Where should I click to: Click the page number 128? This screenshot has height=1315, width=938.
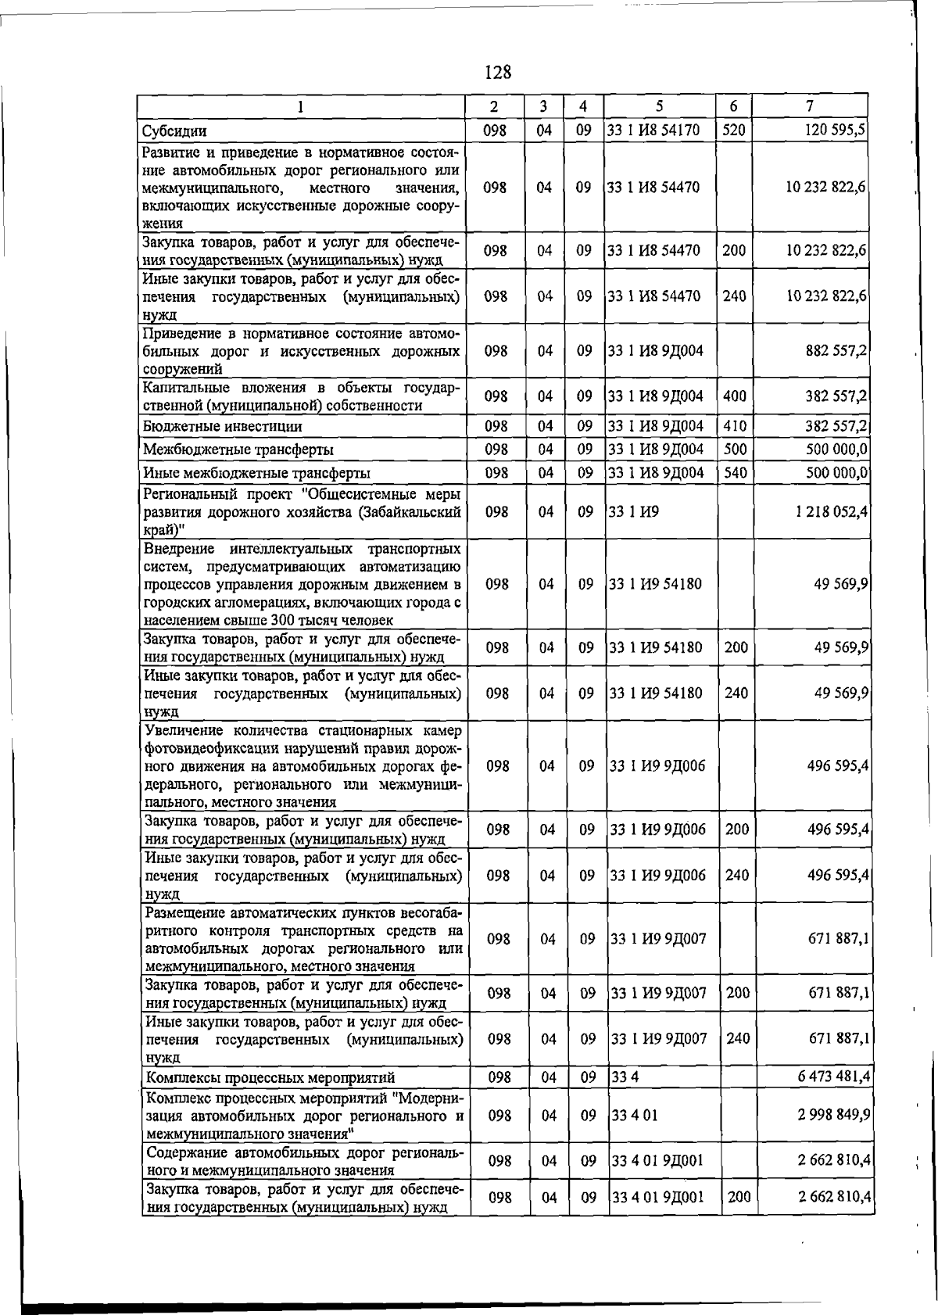(497, 73)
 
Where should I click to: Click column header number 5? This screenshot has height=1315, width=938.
(659, 106)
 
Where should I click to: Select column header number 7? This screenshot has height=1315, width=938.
(810, 106)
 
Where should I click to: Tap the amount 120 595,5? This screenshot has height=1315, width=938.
(835, 130)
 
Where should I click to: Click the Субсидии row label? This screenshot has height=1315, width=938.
(174, 131)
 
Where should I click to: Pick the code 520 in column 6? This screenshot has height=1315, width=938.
(733, 130)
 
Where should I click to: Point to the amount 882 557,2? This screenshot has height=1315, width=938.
(836, 350)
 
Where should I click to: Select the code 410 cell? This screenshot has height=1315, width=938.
(734, 426)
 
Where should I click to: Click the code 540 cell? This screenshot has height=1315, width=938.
(735, 473)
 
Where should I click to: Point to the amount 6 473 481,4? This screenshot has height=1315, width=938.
(834, 1077)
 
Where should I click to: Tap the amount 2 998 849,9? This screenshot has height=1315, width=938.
(834, 1114)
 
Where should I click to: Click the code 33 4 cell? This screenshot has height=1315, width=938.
(625, 1077)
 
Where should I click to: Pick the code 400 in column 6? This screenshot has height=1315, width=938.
(734, 396)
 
